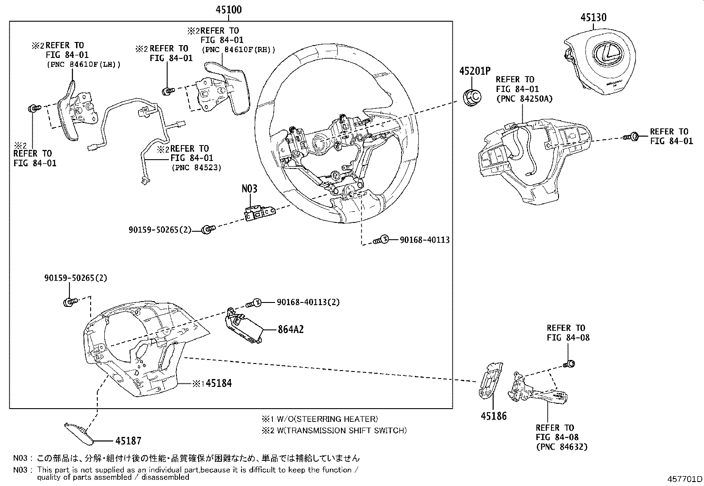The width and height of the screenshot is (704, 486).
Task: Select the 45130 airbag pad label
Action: coord(593,17)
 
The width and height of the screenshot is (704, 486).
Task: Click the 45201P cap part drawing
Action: coord(473,97)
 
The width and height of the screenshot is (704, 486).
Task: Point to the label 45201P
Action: coord(475,71)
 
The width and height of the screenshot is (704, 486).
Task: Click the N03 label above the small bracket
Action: coord(249,189)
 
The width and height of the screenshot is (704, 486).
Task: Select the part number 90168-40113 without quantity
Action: coord(425,240)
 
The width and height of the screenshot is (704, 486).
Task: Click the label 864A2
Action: coord(291,329)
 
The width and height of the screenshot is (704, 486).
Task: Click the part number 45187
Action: coord(128,440)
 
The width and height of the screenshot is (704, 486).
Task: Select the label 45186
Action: coord(494,416)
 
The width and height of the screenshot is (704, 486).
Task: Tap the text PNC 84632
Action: coord(562,447)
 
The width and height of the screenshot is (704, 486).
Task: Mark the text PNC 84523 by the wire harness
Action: coord(196,168)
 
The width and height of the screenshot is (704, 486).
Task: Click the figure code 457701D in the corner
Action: coord(685,479)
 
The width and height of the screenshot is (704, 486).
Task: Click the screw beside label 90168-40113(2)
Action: coord(254,303)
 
